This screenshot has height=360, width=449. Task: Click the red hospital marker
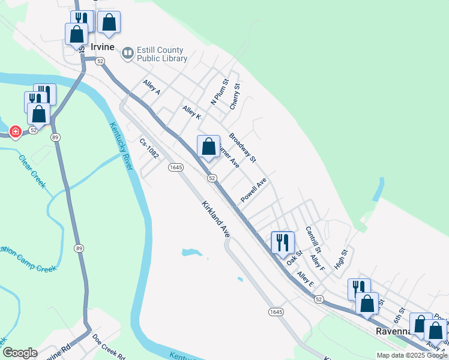[15, 131]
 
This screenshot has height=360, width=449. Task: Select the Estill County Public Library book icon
[127, 54]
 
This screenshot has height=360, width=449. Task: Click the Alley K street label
[191, 112]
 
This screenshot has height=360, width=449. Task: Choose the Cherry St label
[235, 97]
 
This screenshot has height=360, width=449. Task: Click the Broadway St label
[243, 148]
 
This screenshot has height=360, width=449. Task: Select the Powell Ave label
[253, 190]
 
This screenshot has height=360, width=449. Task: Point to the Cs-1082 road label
[148, 148]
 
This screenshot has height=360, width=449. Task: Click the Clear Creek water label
[32, 172]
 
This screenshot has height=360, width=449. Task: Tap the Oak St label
[294, 259]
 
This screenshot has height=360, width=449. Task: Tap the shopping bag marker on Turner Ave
[208, 146]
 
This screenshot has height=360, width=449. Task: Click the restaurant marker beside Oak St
[283, 243]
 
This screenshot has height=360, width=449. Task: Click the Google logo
[20, 353]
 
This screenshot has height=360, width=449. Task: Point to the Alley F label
[317, 262]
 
